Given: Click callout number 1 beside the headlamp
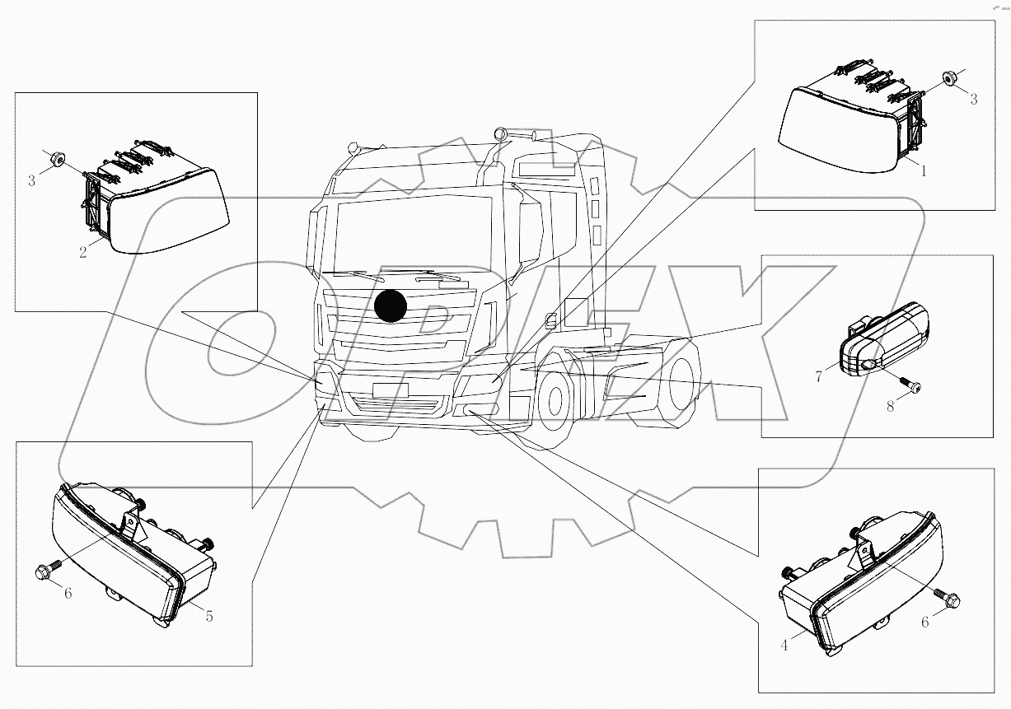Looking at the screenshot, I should click(x=924, y=171).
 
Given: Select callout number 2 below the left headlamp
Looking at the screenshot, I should click(x=83, y=252).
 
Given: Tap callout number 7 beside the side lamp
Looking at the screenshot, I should click(x=819, y=376).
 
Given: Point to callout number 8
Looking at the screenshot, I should click(x=890, y=405).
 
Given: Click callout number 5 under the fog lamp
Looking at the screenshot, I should click(x=209, y=616).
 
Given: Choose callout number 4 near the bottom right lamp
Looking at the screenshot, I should click(x=784, y=646).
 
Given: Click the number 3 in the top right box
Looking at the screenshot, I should click(x=973, y=99).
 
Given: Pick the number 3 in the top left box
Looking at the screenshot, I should click(x=32, y=180).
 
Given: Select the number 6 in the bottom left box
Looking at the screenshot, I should click(x=68, y=593).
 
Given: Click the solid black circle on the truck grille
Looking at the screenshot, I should click(x=391, y=306).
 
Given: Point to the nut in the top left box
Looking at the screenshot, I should click(x=57, y=159).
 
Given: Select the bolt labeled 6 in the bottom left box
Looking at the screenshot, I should click(x=46, y=570).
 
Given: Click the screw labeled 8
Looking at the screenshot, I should click(x=910, y=384).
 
